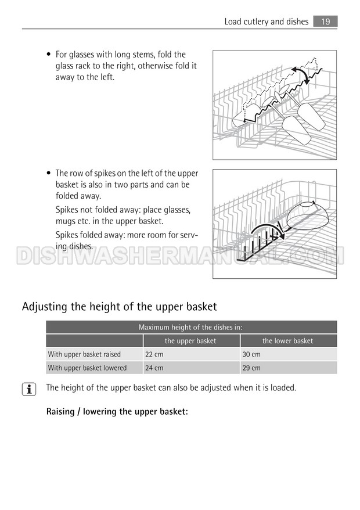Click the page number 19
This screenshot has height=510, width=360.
click(325, 21)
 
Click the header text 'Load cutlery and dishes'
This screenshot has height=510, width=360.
click(267, 22)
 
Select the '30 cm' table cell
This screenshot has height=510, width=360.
click(251, 354)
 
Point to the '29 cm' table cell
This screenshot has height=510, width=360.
click(251, 368)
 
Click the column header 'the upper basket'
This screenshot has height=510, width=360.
click(190, 341)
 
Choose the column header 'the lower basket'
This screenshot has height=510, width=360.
click(287, 341)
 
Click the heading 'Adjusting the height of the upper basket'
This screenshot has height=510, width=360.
click(119, 306)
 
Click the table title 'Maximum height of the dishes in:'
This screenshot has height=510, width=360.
click(190, 328)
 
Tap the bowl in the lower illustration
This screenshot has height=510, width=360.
click(307, 215)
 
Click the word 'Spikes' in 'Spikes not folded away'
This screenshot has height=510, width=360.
click(66, 210)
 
